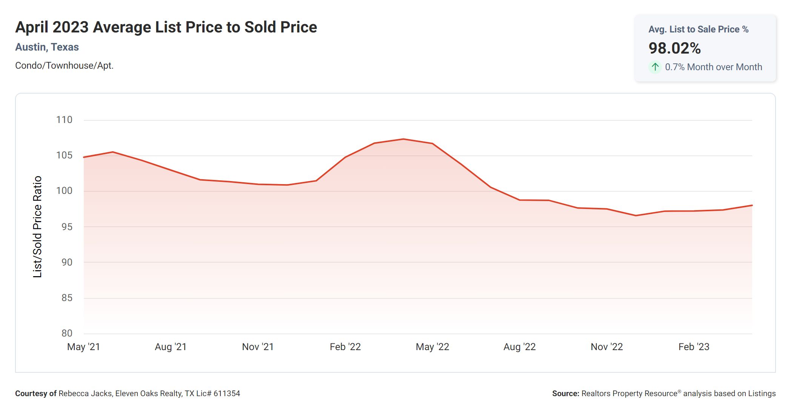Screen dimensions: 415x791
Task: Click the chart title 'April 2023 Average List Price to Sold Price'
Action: [x=166, y=27]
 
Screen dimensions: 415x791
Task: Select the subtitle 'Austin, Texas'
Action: [x=47, y=47]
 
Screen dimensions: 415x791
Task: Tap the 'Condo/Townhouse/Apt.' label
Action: [x=64, y=66]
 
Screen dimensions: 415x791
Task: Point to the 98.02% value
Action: [x=674, y=48]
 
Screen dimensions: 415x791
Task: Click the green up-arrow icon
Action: [x=655, y=67]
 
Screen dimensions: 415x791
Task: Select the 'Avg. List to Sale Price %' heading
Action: [x=698, y=29]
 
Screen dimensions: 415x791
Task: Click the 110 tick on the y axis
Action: [x=64, y=120]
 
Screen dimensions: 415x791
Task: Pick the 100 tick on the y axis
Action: [x=64, y=191]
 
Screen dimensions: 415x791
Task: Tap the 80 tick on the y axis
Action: [x=67, y=333]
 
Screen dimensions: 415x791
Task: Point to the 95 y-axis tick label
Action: [x=67, y=227]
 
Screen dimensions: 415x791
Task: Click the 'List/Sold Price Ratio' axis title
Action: [x=37, y=227]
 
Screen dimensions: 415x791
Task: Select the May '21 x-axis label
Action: [x=83, y=347]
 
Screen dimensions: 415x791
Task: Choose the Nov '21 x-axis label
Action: [x=258, y=347]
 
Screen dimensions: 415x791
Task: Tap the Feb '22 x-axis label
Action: [x=345, y=347]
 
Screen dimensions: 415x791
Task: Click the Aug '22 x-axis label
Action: [x=519, y=347]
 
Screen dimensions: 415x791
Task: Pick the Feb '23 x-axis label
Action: [x=694, y=347]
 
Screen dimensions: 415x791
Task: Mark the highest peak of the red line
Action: [x=403, y=139]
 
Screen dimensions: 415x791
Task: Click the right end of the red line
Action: [x=752, y=206]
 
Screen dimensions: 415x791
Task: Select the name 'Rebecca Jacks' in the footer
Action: [x=85, y=393]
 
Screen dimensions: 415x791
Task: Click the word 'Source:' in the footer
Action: [x=565, y=393]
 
